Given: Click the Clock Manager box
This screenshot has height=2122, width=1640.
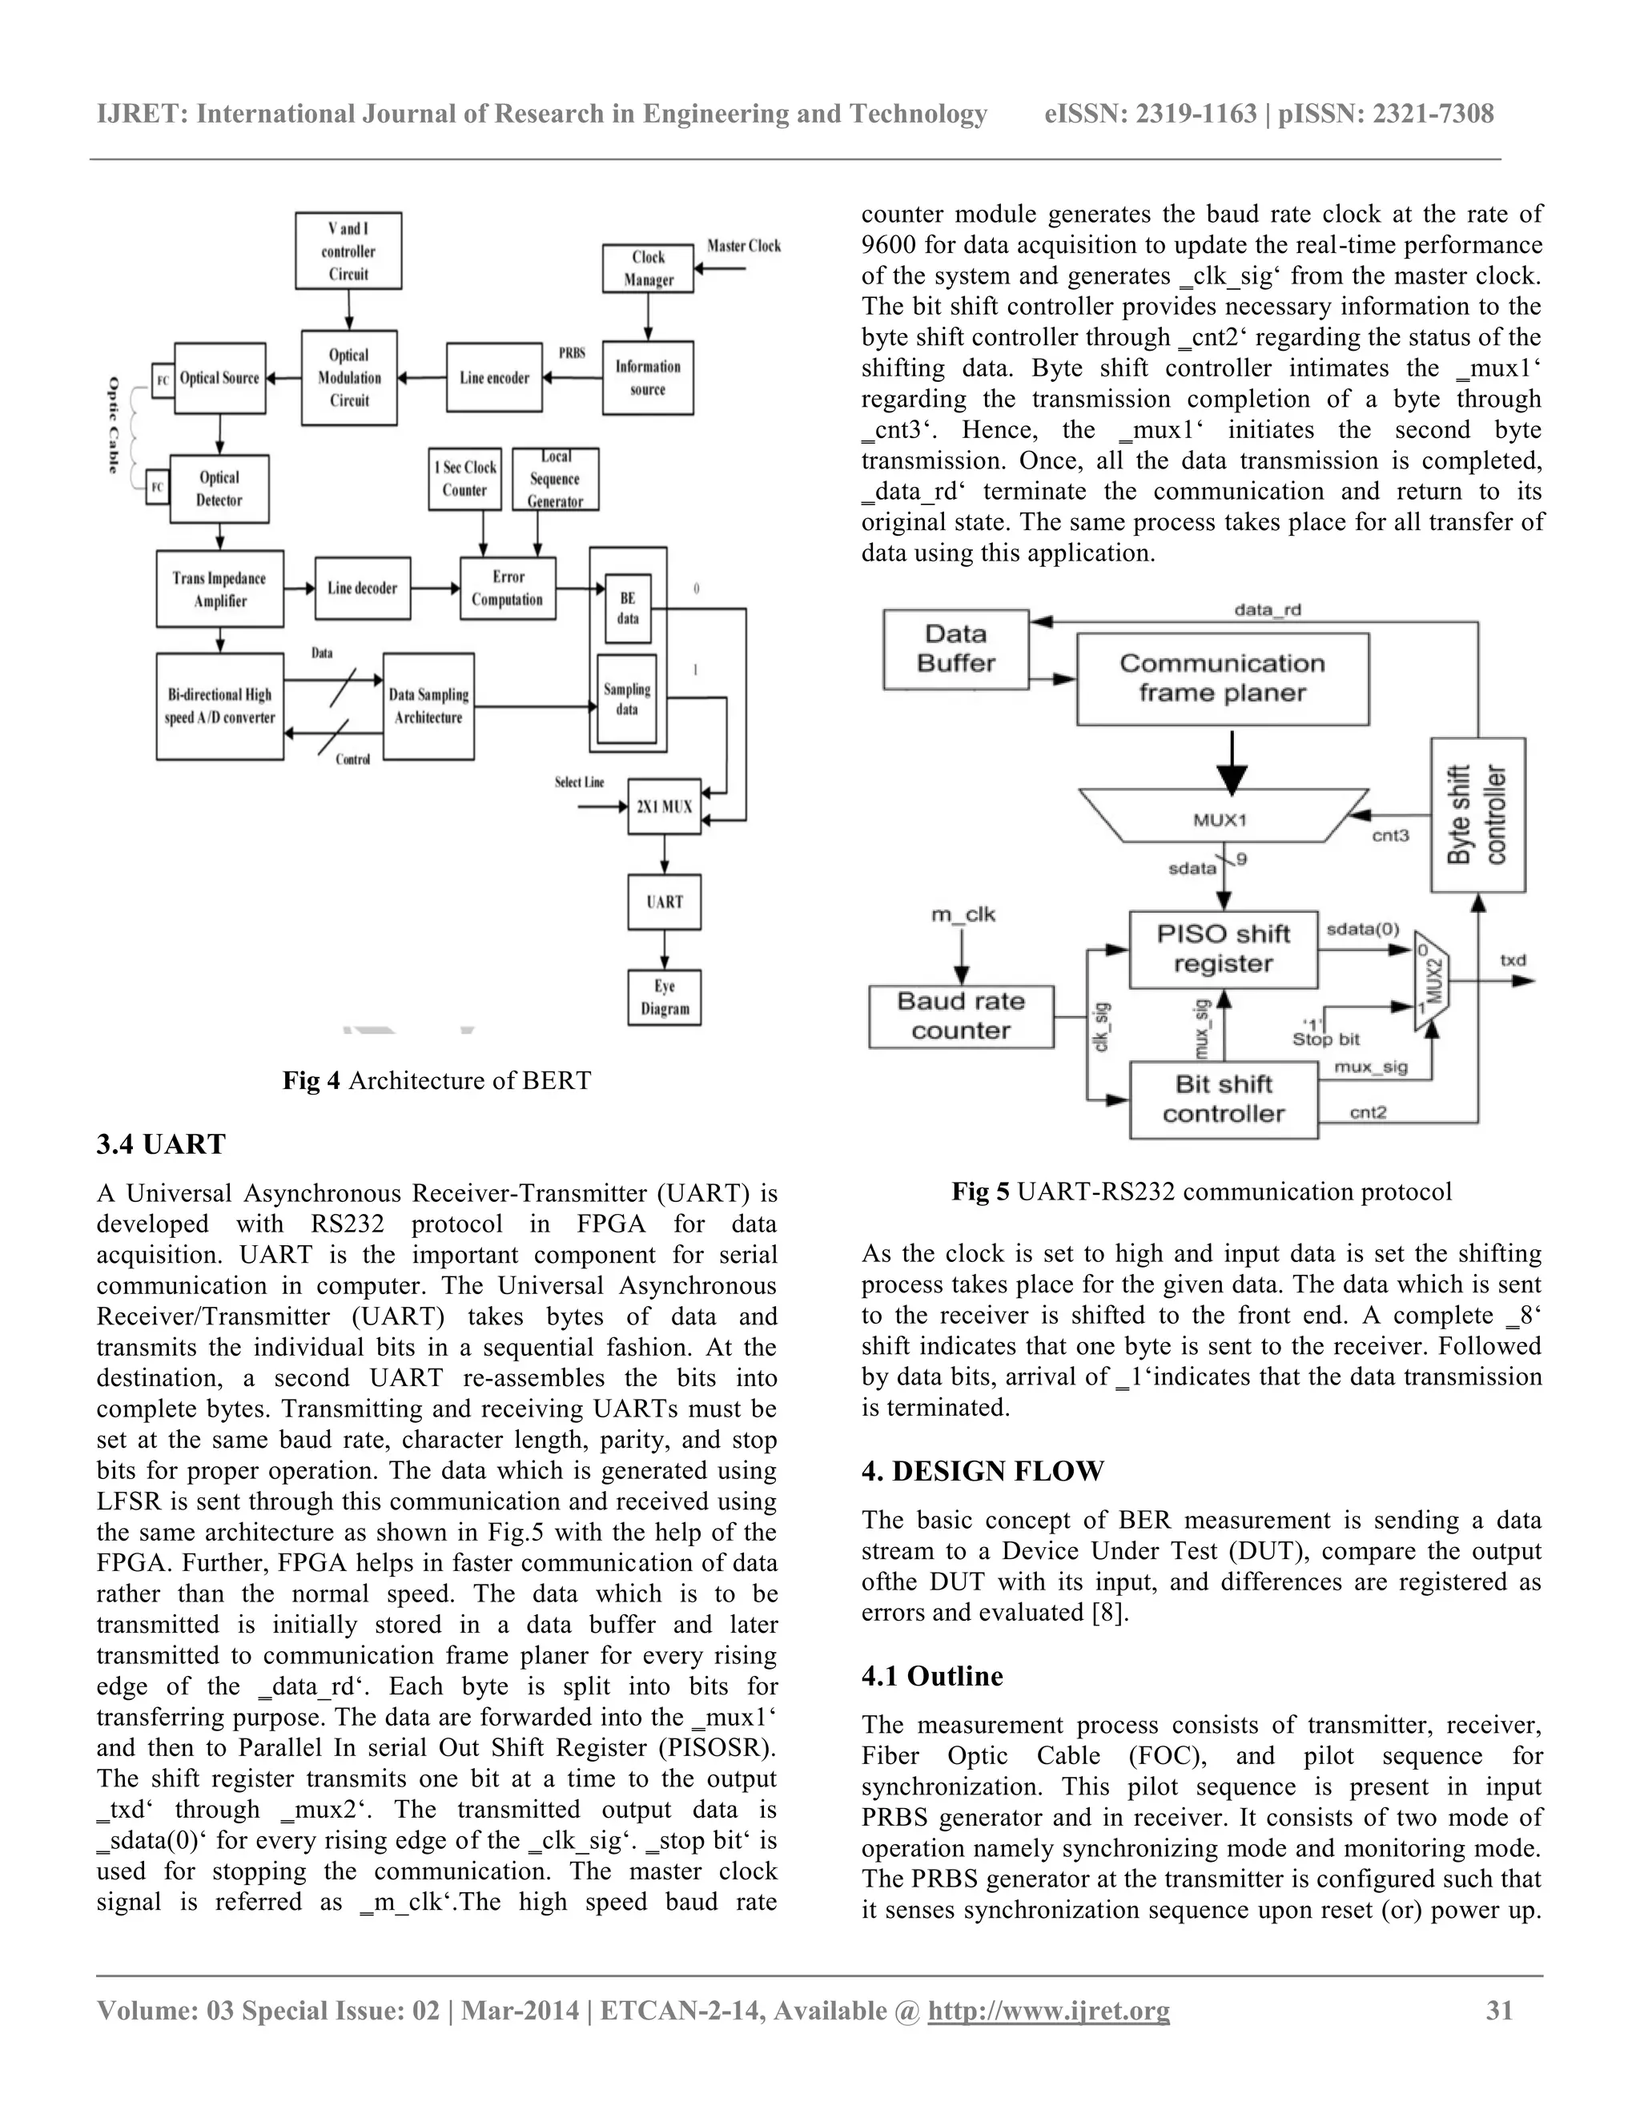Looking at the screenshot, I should [x=648, y=268].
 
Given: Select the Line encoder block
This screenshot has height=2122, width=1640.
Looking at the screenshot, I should [x=495, y=378].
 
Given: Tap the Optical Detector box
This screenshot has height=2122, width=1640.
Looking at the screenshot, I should [x=219, y=488].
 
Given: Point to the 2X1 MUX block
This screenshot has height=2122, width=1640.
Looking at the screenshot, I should [x=665, y=806].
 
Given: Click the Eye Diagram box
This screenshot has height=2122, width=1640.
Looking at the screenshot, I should [x=665, y=997].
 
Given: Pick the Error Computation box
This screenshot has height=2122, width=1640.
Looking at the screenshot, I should [x=508, y=588].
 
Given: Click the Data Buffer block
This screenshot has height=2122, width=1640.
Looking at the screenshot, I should [x=956, y=649].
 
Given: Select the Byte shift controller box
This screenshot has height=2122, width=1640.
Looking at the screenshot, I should [x=1477, y=814].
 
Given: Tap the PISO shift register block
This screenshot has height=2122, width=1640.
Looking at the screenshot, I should [x=1224, y=949].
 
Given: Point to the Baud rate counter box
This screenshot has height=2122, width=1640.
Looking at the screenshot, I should [x=961, y=1016].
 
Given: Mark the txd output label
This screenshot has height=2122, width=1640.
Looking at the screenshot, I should [x=1513, y=960].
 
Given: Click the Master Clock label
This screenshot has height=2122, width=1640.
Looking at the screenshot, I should [x=744, y=246].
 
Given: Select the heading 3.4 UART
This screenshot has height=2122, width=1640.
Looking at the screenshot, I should [x=161, y=1144].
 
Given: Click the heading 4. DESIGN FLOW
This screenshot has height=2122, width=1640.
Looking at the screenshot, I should [x=983, y=1471].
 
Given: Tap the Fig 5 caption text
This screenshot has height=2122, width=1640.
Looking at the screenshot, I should [x=1202, y=1192].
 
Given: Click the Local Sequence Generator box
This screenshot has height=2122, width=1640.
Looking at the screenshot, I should [x=556, y=479].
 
